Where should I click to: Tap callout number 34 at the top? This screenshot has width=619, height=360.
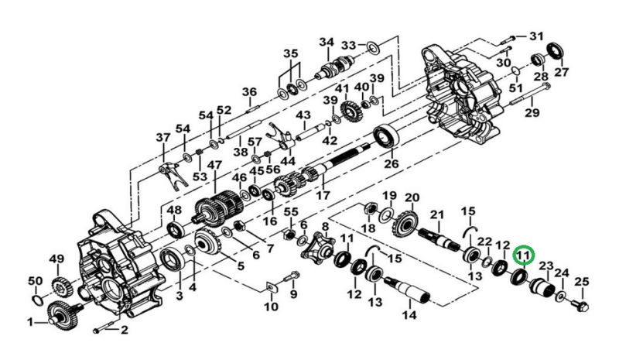click(326, 42)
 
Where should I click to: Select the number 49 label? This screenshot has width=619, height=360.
click(56, 259)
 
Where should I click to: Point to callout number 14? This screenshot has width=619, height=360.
click(409, 315)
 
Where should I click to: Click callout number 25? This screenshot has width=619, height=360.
click(582, 281)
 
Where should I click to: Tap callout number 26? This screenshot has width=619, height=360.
click(392, 163)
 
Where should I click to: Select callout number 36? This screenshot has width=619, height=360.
click(248, 92)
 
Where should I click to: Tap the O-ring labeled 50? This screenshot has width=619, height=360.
click(36, 297)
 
